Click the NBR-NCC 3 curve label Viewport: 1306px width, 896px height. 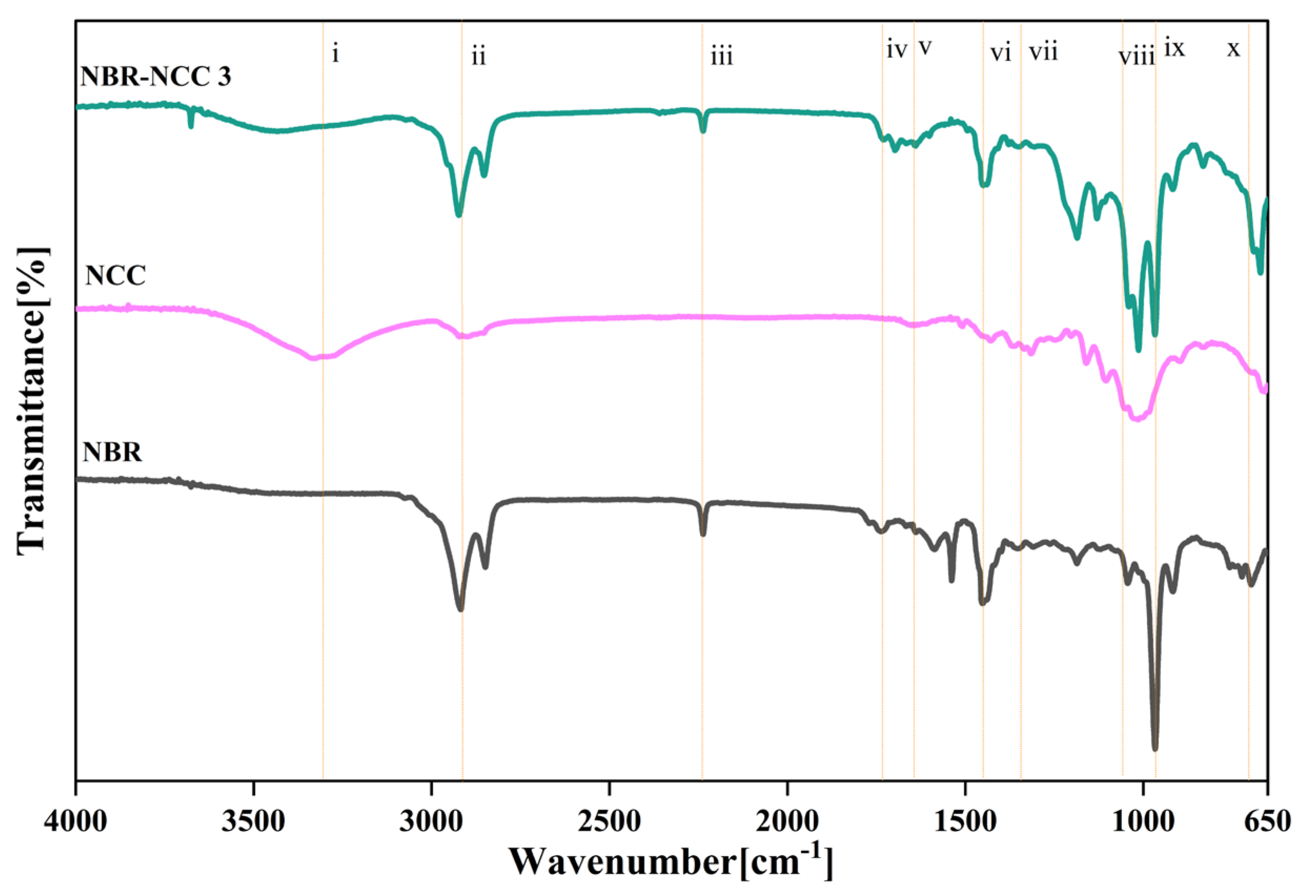[156, 76]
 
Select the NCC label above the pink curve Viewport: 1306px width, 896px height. [115, 275]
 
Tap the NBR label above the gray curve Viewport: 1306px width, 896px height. [113, 451]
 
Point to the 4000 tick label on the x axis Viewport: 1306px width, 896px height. [75, 822]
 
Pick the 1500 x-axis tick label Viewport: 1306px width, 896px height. [965, 822]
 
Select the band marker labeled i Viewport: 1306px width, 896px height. [335, 54]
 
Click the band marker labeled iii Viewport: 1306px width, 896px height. [721, 56]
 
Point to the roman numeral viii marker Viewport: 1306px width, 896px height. [1136, 56]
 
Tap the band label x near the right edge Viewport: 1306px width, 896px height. [1233, 49]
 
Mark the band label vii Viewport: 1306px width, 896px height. [1043, 52]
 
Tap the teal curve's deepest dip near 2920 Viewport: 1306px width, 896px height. [458, 214]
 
